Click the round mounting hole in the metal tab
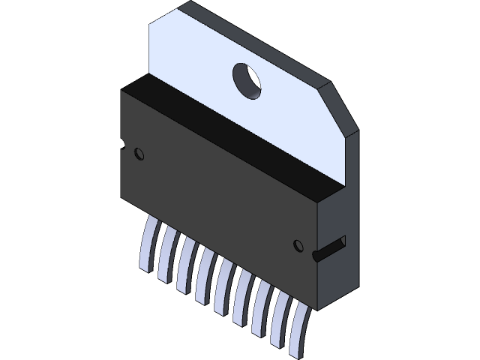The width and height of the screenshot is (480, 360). pos(247,79)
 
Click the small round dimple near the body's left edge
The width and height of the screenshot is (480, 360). pos(138,153)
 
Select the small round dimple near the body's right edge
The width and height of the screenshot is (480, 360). pos(297,244)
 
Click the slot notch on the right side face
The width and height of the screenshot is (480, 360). pos(331,247)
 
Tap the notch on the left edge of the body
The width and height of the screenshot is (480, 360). pos(121,142)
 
